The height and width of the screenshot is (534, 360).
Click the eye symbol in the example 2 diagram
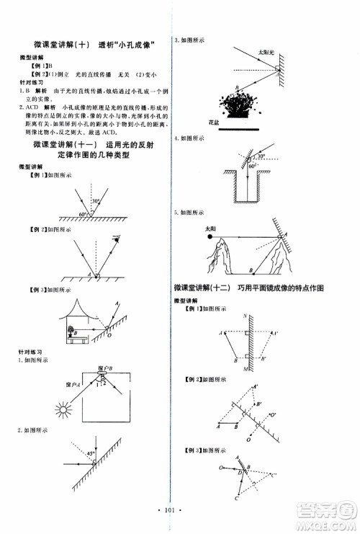coord(114,236)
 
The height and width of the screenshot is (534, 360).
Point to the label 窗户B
coord(103,368)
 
